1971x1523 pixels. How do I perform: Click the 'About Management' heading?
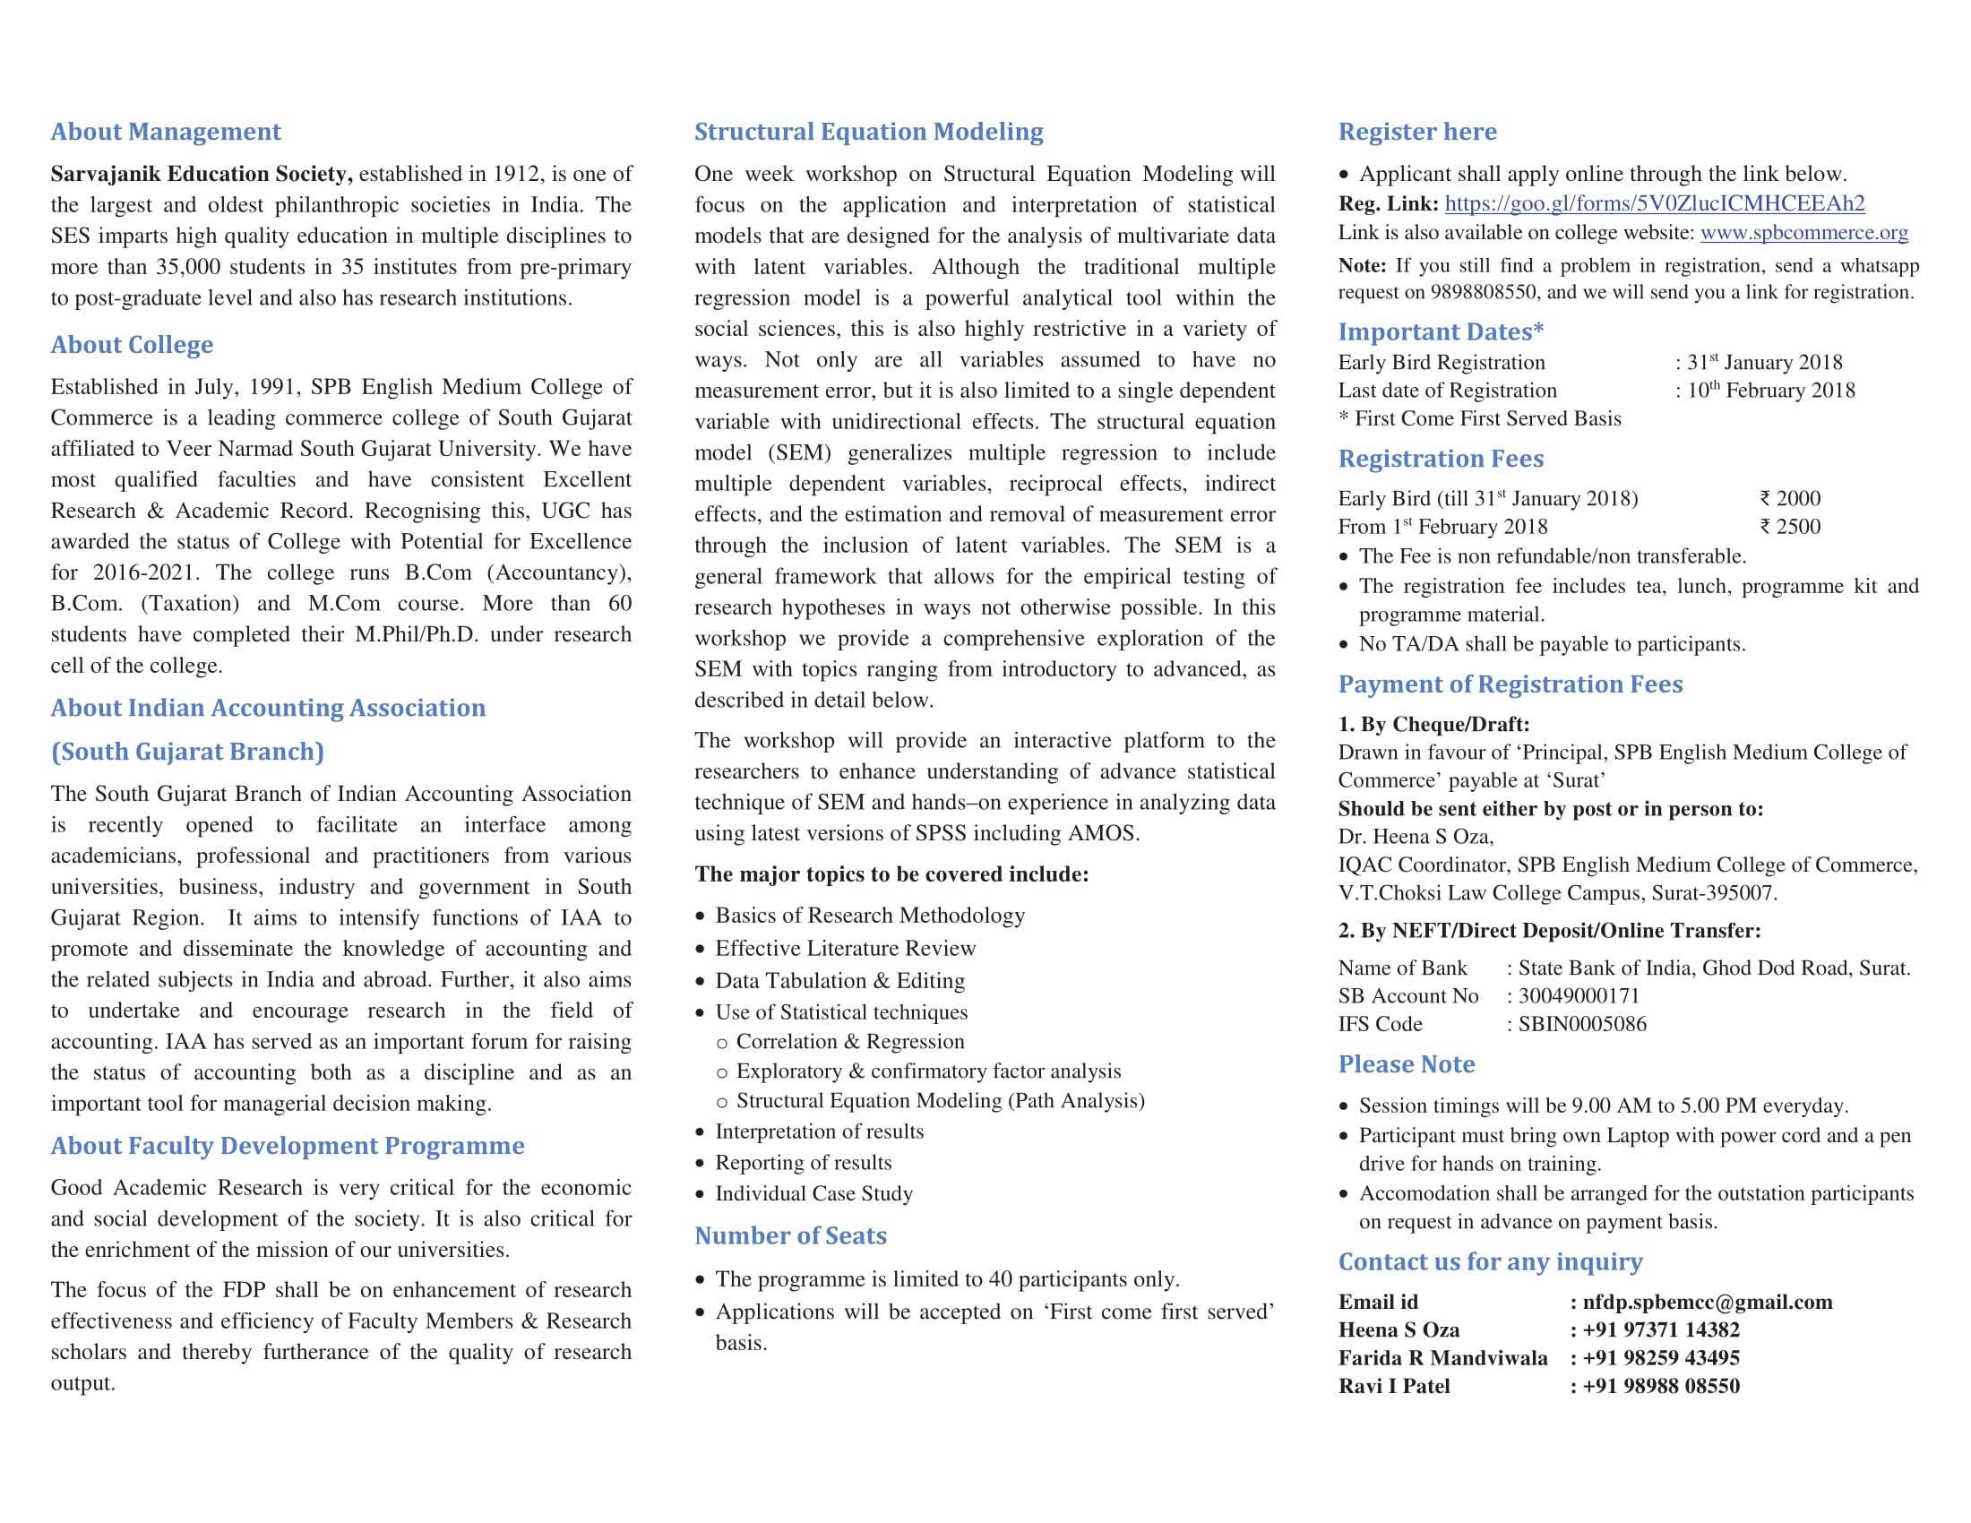pos(166,132)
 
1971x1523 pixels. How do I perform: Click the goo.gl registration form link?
pos(1654,204)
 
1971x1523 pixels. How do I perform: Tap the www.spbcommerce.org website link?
pos(1803,233)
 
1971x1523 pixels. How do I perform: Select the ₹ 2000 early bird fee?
pos(1790,498)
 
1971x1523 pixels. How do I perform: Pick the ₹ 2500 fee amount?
pos(1790,527)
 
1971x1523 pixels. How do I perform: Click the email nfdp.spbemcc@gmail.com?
pos(1707,1302)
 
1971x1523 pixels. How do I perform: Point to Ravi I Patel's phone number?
pos(1659,1386)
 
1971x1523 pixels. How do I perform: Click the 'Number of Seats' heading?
pos(790,1236)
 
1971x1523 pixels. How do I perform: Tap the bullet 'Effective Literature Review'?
pos(845,948)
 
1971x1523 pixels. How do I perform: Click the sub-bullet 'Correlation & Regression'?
pos(849,1042)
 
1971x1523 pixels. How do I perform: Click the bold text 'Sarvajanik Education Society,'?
pos(202,174)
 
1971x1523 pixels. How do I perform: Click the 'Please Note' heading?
pos(1406,1064)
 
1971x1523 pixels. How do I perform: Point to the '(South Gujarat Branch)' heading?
pos(188,752)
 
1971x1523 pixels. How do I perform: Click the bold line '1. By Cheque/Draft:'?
pos(1433,725)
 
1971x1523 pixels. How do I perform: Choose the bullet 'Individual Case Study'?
pos(813,1193)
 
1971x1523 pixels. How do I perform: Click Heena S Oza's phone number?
pos(1659,1329)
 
